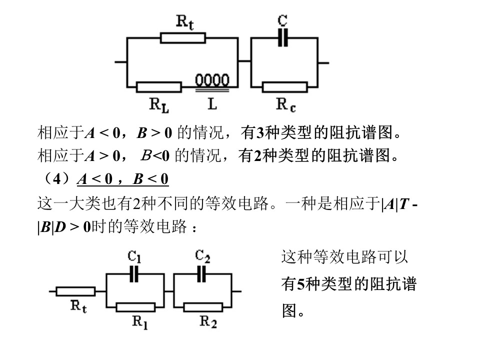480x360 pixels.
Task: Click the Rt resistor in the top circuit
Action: (183, 38)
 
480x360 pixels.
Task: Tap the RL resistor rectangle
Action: (159, 87)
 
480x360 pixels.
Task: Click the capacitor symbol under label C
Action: (283, 38)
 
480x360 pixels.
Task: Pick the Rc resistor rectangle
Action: (284, 87)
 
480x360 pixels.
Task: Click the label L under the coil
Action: (212, 104)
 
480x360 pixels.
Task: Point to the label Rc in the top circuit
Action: (286, 104)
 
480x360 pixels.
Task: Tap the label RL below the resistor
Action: (159, 105)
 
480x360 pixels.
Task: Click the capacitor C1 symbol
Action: (134, 274)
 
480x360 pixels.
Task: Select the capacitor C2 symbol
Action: (201, 274)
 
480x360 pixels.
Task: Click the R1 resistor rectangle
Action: (135, 307)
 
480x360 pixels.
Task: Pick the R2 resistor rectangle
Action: (203, 307)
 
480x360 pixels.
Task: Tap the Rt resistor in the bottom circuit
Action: (75, 291)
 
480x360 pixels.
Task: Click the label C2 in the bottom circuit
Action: (202, 256)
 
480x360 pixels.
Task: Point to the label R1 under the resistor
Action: (140, 322)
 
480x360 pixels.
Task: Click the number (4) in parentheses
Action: (57, 178)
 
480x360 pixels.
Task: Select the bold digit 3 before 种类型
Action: (260, 133)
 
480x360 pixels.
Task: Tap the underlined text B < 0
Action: (150, 179)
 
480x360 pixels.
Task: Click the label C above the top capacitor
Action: (282, 20)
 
